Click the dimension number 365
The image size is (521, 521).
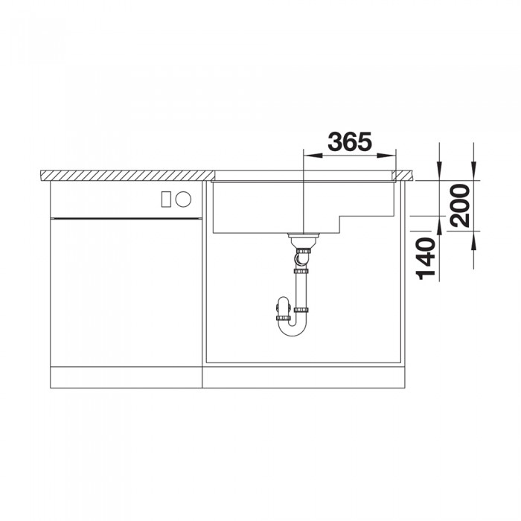tap(350, 141)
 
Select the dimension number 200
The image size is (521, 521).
tap(460, 205)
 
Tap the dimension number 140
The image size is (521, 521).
tap(426, 258)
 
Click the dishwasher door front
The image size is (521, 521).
tap(127, 290)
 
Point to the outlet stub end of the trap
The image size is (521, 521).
tap(281, 307)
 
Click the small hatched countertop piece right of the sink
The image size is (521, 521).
tap(406, 176)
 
